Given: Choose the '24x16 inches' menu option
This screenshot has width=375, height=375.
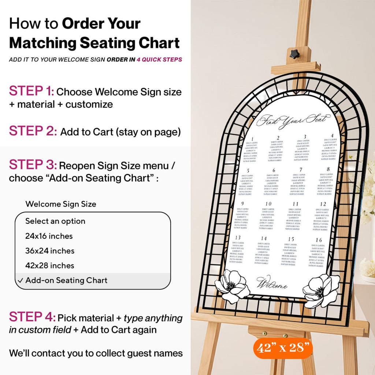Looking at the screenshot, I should (49, 236).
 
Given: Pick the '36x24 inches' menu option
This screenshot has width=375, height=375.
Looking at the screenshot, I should (50, 251).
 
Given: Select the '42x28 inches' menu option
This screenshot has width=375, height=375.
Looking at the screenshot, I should (50, 266).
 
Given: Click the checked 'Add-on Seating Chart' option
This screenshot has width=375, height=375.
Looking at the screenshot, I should (66, 281).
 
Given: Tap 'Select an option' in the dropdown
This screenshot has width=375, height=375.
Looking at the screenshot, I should (55, 221).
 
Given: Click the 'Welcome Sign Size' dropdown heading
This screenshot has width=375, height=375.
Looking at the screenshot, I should (61, 204).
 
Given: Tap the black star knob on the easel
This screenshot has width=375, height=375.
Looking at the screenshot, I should (294, 54).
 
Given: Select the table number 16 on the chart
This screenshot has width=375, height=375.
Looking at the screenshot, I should (319, 240).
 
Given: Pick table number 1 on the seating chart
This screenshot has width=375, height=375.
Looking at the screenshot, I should (252, 139).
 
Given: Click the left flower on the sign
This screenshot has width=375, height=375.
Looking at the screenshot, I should (232, 286).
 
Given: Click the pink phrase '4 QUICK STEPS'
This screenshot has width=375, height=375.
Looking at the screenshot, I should (159, 59).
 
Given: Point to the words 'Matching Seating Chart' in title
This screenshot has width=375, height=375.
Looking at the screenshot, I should (94, 43).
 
